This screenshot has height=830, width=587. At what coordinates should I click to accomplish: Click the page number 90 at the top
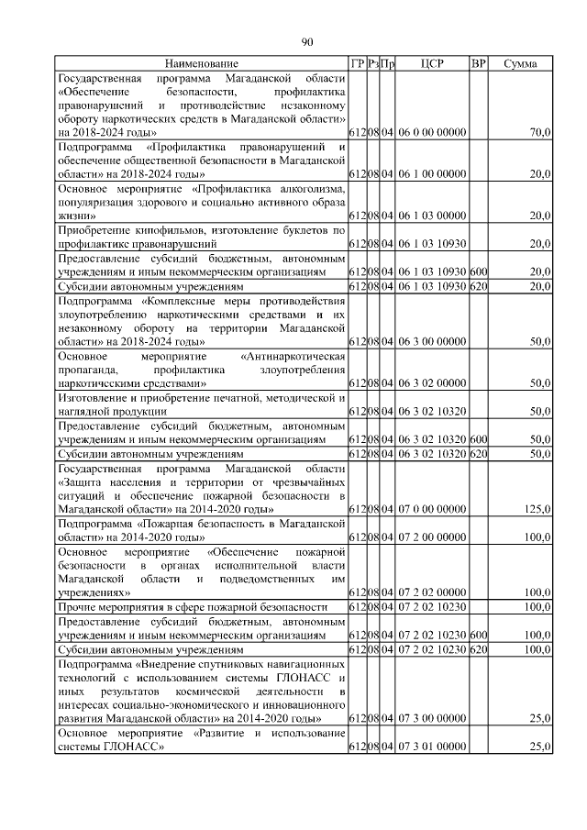click(x=307, y=40)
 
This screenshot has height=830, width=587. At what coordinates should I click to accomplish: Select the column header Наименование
click(x=201, y=63)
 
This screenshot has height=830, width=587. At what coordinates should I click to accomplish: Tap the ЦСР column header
click(x=432, y=63)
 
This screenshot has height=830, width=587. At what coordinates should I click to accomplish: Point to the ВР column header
click(x=478, y=63)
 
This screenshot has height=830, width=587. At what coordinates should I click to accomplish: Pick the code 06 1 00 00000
click(x=432, y=173)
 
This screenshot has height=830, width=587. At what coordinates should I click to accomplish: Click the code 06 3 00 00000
click(x=432, y=341)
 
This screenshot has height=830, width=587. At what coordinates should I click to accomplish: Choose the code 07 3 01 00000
click(x=432, y=748)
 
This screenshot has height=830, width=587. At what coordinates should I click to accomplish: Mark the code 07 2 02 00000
click(x=432, y=592)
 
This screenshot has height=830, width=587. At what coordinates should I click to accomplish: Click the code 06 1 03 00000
click(x=432, y=215)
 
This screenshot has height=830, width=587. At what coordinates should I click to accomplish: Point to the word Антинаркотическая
click(x=291, y=355)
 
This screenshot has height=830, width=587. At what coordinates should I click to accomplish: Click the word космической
click(x=209, y=690)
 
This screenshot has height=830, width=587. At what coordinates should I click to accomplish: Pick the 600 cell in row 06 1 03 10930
click(x=478, y=272)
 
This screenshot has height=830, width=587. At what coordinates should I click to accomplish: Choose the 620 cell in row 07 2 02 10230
click(x=478, y=648)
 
